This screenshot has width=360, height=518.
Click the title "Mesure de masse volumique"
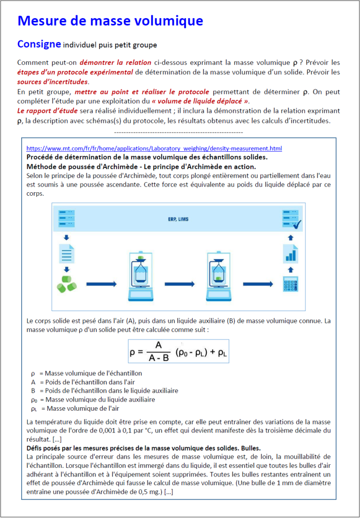coord(110,21)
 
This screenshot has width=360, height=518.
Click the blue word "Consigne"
coord(39,44)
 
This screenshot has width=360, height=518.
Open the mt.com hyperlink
coord(154,148)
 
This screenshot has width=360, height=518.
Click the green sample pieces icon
coord(67,284)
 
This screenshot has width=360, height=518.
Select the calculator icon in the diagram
coord(290,284)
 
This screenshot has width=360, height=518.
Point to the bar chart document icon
coord(290,253)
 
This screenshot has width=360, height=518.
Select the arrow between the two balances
coord(178,284)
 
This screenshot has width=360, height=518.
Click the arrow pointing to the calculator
coord(257,284)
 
